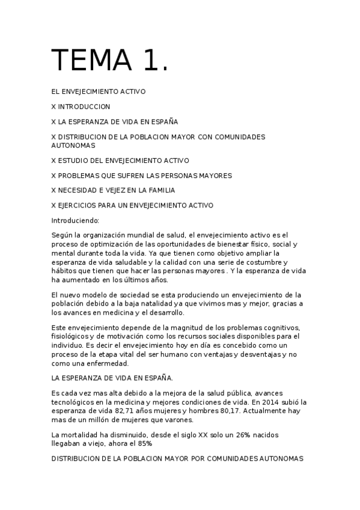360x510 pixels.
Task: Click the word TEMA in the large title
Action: (x=90, y=60)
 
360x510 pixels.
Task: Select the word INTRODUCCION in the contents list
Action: (x=84, y=106)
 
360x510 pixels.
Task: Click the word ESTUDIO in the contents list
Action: (x=74, y=161)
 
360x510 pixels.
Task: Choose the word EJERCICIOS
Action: (x=81, y=206)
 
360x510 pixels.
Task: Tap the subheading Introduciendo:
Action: (x=75, y=221)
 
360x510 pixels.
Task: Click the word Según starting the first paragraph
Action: (x=62, y=235)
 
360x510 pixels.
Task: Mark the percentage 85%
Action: (x=144, y=443)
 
